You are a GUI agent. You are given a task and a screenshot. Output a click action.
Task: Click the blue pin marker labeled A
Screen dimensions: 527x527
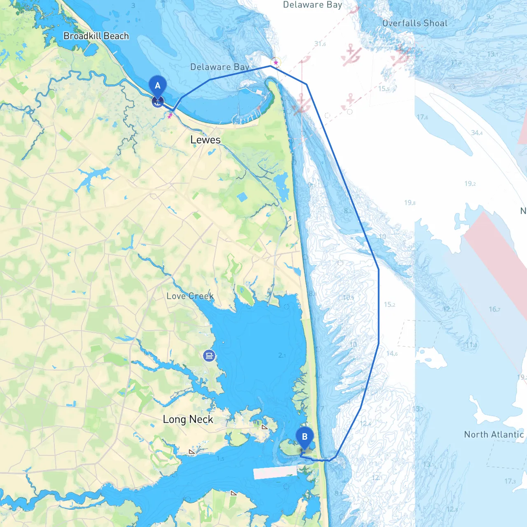pyautogui.click(x=157, y=86)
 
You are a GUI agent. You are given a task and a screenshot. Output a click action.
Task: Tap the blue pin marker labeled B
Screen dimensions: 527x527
pyautogui.click(x=305, y=437)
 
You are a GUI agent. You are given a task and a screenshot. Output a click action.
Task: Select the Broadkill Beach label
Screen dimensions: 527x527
pyautogui.click(x=96, y=36)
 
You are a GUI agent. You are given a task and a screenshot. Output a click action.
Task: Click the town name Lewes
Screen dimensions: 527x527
pyautogui.click(x=205, y=140)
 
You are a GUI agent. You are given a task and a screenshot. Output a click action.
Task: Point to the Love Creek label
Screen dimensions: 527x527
pyautogui.click(x=190, y=296)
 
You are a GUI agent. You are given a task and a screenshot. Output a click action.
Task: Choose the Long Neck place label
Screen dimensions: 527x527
pyautogui.click(x=188, y=419)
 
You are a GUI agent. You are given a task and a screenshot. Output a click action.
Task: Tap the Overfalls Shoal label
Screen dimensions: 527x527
pyautogui.click(x=415, y=23)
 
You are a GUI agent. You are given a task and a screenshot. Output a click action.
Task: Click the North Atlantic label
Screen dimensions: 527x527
pyautogui.click(x=494, y=434)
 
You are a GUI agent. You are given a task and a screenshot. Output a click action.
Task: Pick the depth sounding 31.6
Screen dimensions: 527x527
pyautogui.click(x=320, y=44)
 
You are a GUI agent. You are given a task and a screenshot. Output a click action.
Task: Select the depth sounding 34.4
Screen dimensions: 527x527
pyautogui.click(x=477, y=133)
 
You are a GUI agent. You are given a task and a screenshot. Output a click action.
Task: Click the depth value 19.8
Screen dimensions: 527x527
pyautogui.click(x=410, y=203)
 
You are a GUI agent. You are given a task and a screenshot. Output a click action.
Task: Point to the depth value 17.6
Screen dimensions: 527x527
pyautogui.click(x=422, y=117)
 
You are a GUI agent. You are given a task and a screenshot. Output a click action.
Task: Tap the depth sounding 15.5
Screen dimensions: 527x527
pyautogui.click(x=384, y=89)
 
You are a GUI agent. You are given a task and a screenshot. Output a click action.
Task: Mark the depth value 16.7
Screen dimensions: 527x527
pyautogui.click(x=494, y=309)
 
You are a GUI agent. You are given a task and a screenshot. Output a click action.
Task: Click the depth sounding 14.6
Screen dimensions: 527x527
pyautogui.click(x=392, y=353)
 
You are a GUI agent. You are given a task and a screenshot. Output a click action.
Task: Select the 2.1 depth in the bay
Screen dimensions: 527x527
pyautogui.click(x=282, y=355)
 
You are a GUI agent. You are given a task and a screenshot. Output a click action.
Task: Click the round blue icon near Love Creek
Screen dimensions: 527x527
pyautogui.click(x=209, y=356)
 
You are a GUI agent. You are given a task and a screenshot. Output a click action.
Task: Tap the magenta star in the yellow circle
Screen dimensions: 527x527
pyautogui.click(x=276, y=63)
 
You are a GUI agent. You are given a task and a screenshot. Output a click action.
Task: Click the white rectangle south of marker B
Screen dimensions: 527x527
pyautogui.click(x=275, y=473)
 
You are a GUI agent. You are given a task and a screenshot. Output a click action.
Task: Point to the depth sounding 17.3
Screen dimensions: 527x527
pyautogui.click(x=510, y=481)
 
